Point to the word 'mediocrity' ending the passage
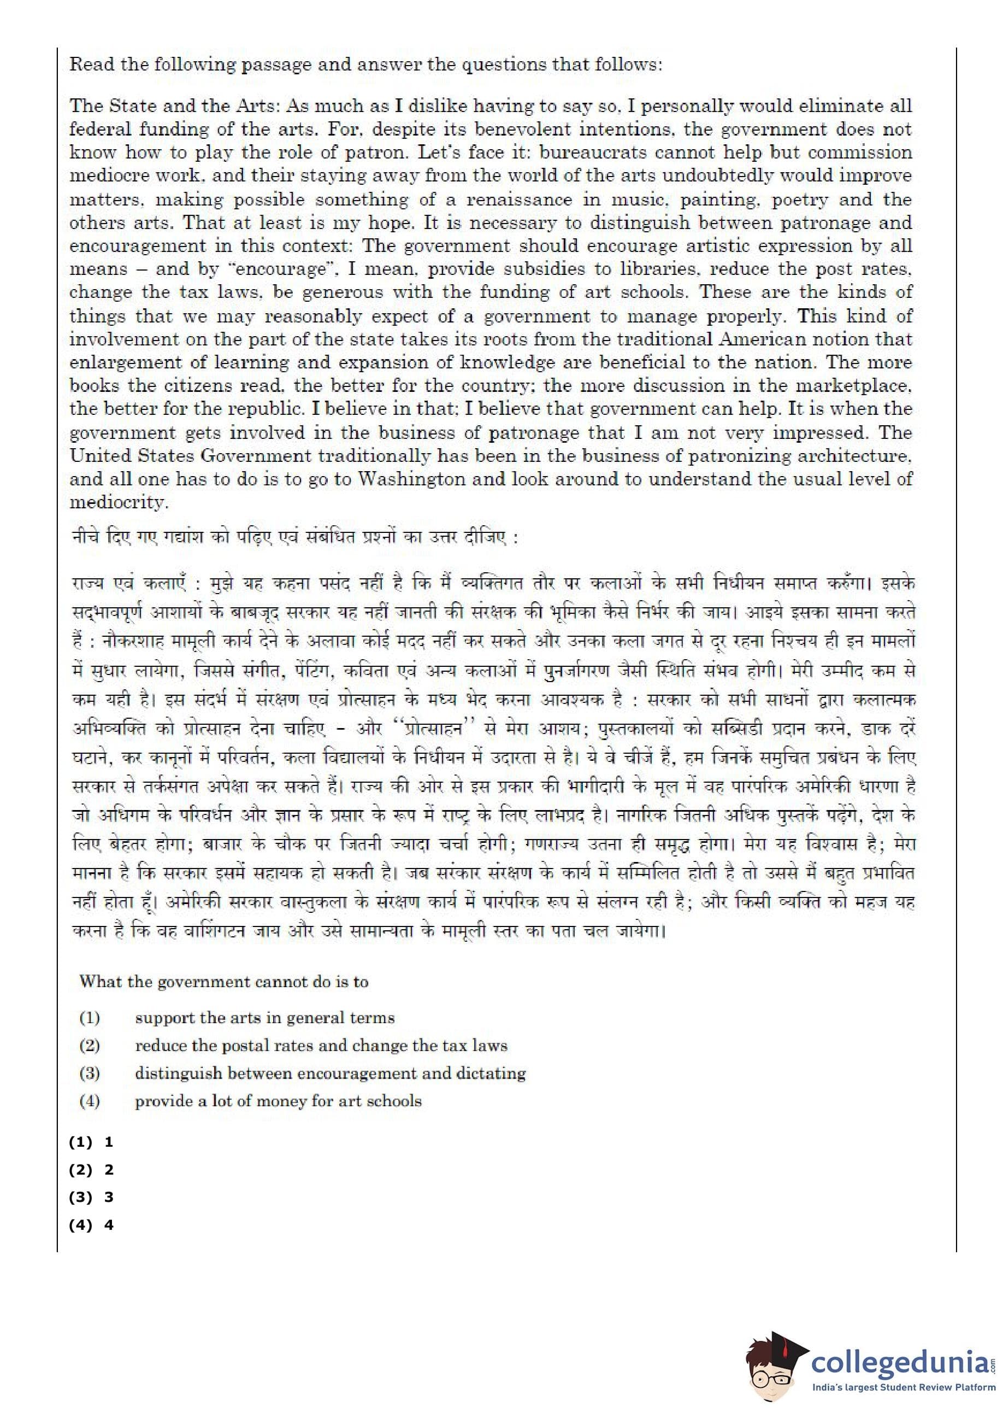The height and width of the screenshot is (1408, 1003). click(x=118, y=502)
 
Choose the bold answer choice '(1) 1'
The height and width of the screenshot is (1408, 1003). click(x=91, y=1142)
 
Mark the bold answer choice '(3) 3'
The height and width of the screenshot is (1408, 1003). click(x=91, y=1198)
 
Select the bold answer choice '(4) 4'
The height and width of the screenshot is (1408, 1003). click(x=91, y=1225)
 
